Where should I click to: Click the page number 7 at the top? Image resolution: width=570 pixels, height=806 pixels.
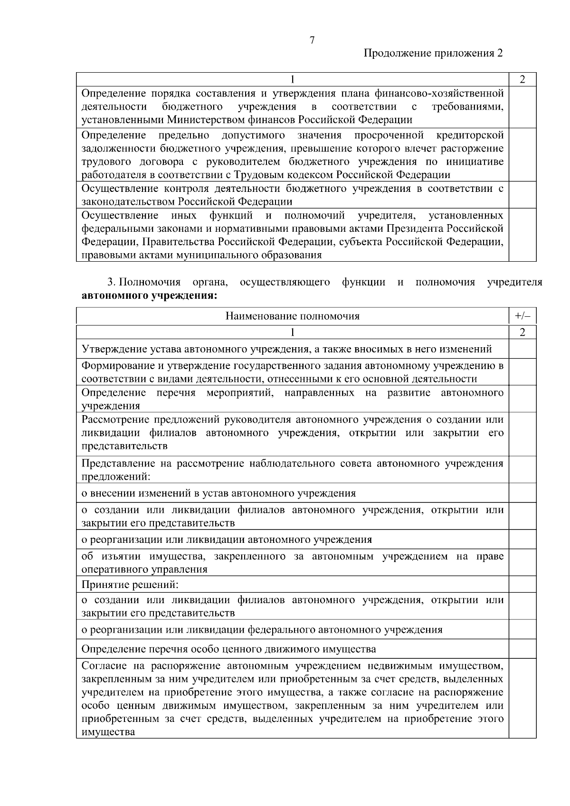(x=312, y=40)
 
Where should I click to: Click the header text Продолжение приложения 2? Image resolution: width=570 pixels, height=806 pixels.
(x=433, y=53)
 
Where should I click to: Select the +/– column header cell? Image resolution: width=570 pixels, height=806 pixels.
(x=522, y=316)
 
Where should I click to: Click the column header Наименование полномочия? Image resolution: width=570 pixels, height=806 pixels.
(x=292, y=316)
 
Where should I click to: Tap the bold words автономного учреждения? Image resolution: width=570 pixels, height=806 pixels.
(x=149, y=295)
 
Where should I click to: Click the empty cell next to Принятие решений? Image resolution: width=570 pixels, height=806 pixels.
(x=522, y=584)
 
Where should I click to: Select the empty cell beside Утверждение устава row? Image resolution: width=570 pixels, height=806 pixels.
(x=522, y=349)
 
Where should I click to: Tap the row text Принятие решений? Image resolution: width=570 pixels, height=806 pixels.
(x=130, y=584)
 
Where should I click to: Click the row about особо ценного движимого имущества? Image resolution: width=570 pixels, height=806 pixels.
(x=228, y=649)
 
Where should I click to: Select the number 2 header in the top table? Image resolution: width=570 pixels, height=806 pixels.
(x=522, y=79)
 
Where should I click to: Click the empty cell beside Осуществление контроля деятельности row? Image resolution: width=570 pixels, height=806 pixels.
(x=522, y=195)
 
